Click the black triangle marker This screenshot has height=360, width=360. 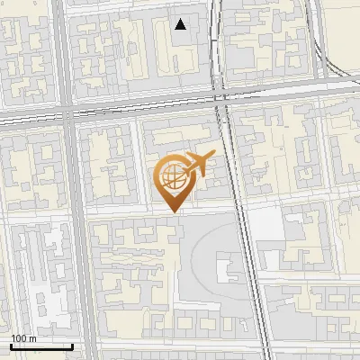tap(181, 24)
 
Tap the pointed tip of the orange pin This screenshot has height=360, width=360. tap(173, 211)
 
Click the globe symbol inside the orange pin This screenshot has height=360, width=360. tap(172, 177)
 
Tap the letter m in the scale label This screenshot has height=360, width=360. tap(32, 338)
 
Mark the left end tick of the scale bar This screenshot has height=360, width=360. tap(11, 346)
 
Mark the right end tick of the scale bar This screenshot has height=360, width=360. tap(72, 346)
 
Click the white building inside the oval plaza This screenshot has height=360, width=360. tap(224, 269)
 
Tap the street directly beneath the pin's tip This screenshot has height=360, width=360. tap(173, 217)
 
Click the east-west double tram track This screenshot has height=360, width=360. tap(135, 106)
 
